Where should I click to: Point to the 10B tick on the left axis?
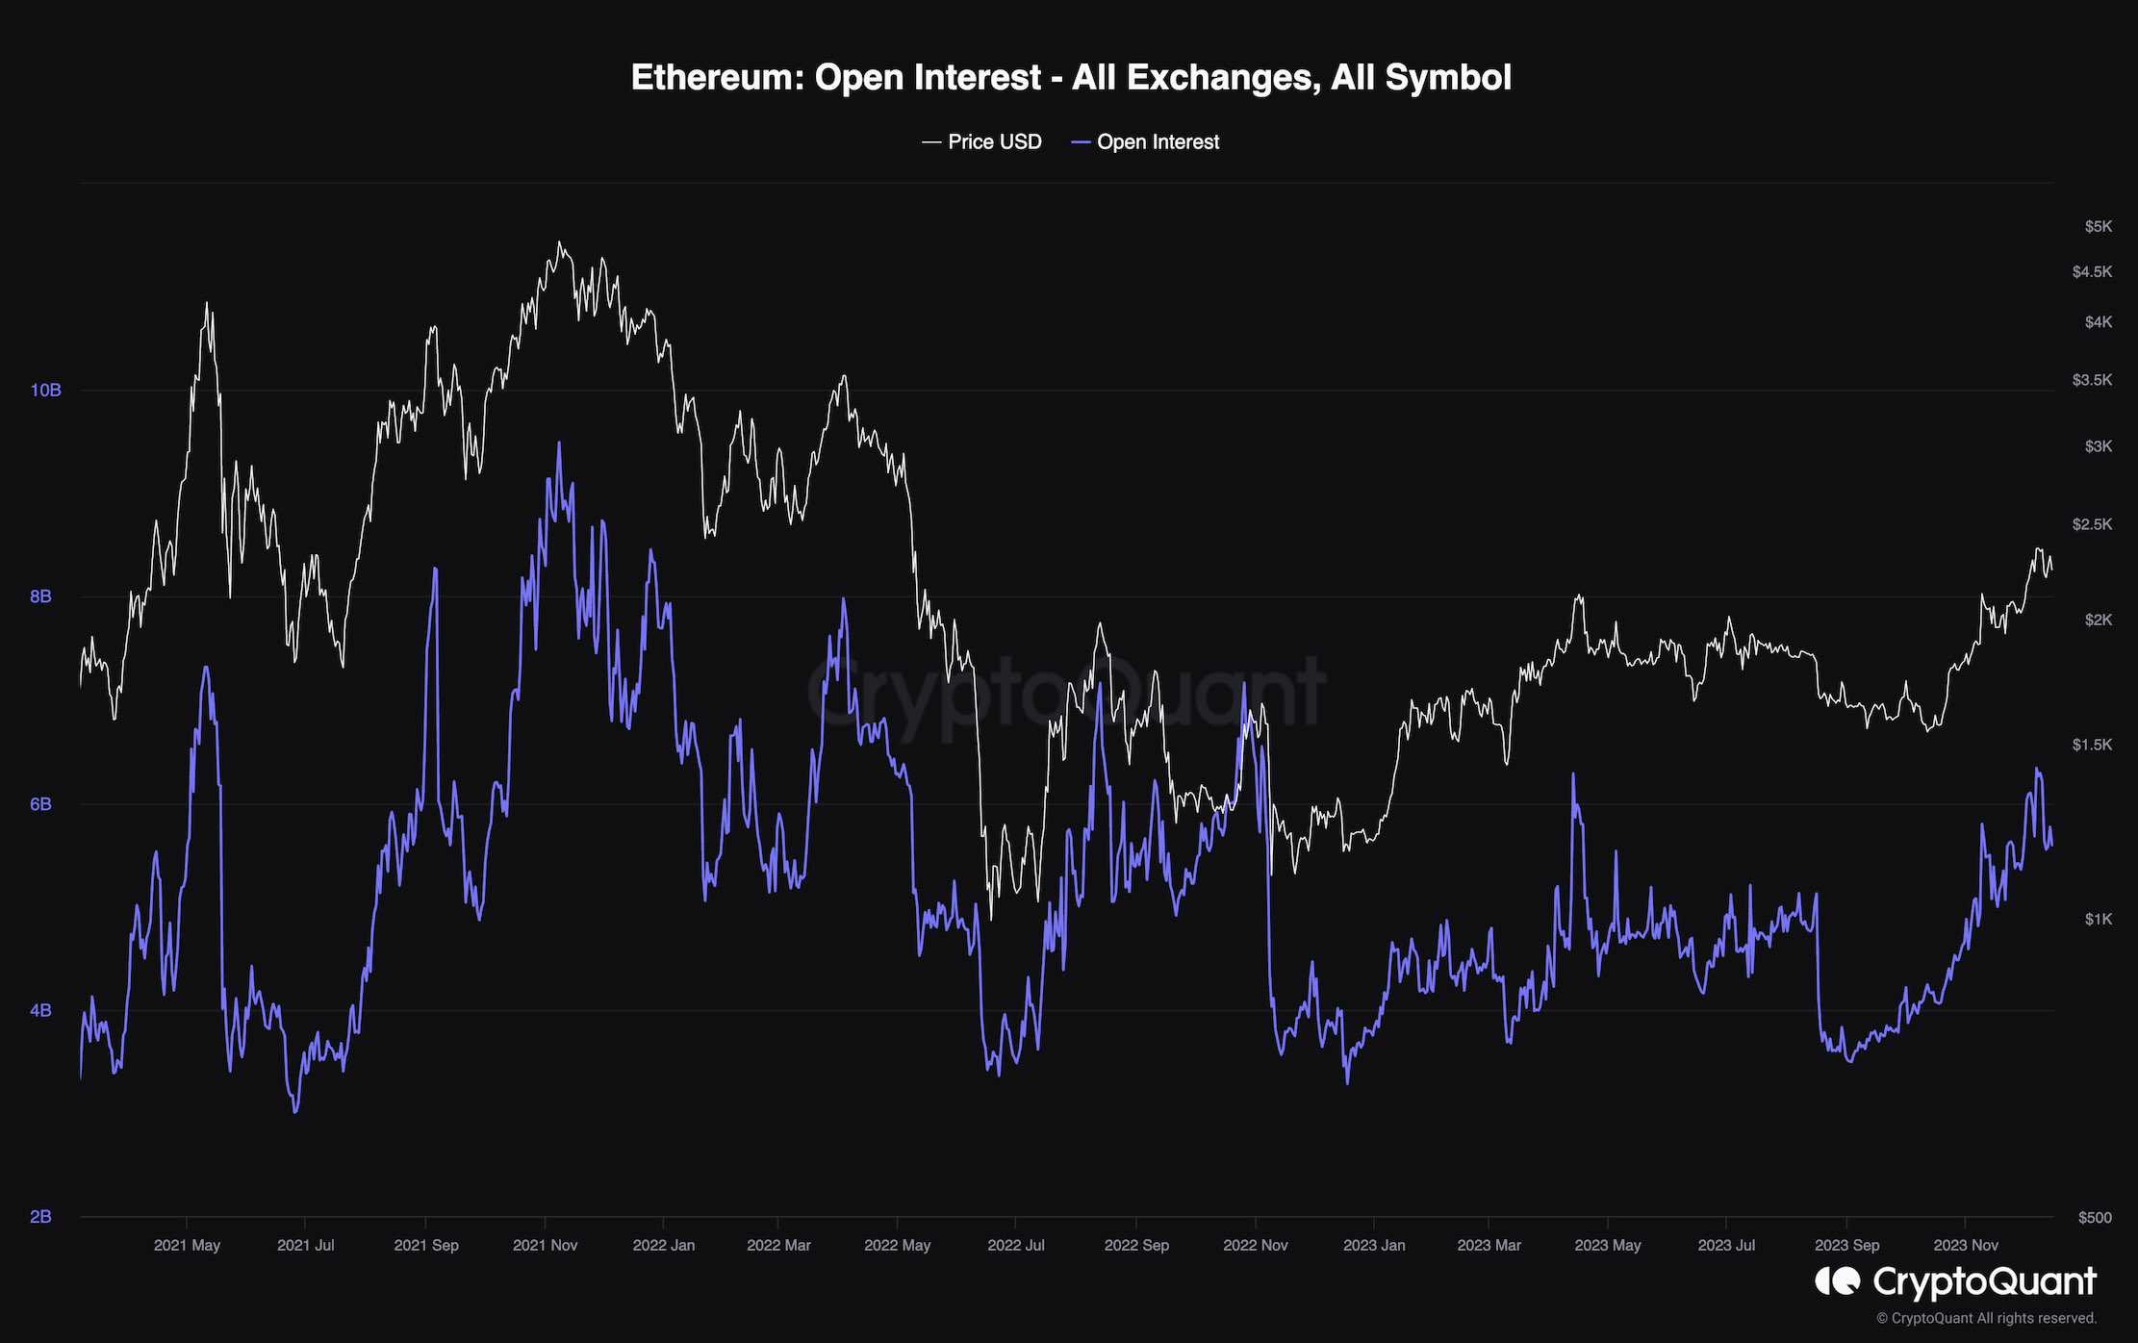click(45, 391)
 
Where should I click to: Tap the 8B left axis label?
click(40, 596)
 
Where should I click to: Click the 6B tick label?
click(40, 804)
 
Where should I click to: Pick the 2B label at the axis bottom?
click(40, 1217)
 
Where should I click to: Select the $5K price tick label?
click(2099, 227)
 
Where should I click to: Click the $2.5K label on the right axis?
click(2092, 524)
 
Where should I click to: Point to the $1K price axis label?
click(2099, 920)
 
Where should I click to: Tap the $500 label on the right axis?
click(2095, 1218)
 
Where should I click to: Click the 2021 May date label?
click(187, 1246)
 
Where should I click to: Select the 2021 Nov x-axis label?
click(545, 1246)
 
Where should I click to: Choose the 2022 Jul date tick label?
click(1015, 1246)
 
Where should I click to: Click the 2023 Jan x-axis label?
click(1373, 1246)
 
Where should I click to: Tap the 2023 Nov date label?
click(1965, 1246)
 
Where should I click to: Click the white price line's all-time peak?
click(560, 242)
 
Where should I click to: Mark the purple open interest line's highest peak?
click(559, 443)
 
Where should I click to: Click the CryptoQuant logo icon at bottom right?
click(1837, 1281)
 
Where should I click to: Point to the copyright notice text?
click(1986, 1319)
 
